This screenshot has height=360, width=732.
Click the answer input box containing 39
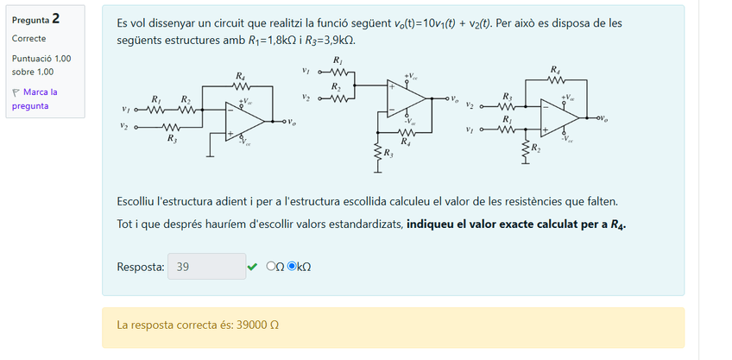(x=206, y=267)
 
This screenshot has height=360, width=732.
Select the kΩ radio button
(x=292, y=267)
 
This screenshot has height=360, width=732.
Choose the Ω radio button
(x=271, y=267)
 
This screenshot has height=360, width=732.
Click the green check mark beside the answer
(x=252, y=267)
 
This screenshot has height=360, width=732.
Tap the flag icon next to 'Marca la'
(x=16, y=92)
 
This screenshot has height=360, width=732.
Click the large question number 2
(x=55, y=18)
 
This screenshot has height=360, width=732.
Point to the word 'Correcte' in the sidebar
(x=29, y=39)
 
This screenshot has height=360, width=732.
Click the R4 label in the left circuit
(x=240, y=77)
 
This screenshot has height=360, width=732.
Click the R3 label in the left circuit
(x=173, y=138)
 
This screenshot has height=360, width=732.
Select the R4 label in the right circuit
(x=555, y=68)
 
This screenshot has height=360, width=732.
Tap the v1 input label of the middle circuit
(x=306, y=71)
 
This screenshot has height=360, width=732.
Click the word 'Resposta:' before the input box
(x=140, y=267)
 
